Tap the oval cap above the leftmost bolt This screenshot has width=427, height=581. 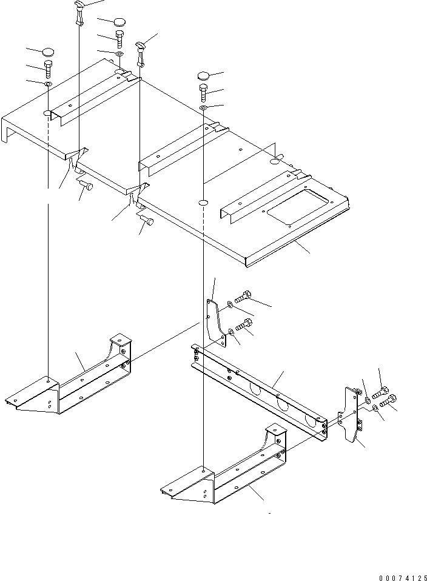48,52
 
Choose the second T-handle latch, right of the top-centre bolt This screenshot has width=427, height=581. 141,51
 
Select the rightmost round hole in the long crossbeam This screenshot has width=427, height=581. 312,420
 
